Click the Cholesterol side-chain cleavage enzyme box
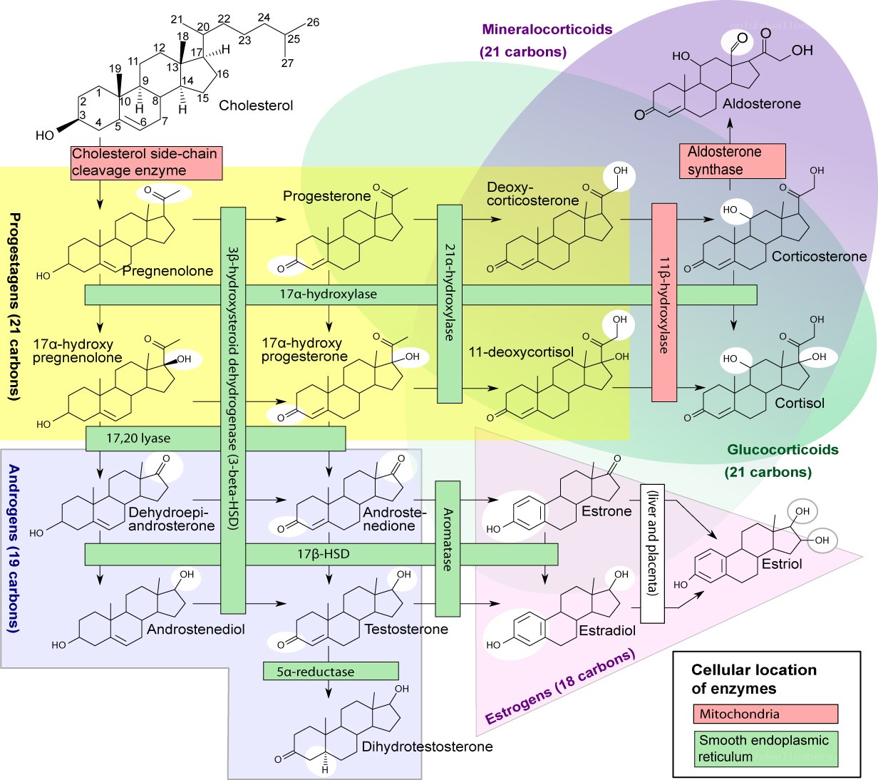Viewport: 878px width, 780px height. click(147, 163)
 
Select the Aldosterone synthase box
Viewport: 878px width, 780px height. click(732, 161)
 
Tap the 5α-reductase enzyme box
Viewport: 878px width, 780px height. click(331, 672)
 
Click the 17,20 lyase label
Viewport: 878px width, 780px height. click(138, 438)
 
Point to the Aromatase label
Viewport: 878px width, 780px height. click(448, 540)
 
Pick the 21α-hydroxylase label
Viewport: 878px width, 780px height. click(450, 292)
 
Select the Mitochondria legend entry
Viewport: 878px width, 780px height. click(765, 714)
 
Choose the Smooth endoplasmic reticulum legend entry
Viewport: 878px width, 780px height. click(765, 749)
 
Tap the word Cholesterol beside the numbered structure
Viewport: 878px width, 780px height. click(256, 106)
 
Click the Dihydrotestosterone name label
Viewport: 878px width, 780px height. click(428, 746)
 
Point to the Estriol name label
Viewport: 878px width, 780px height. click(782, 564)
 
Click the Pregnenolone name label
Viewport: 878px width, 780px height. click(167, 271)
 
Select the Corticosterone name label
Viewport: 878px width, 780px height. click(819, 256)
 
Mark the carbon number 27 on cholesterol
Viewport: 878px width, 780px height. click(287, 63)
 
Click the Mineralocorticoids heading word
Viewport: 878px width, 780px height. click(547, 29)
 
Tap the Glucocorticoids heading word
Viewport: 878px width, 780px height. click(783, 450)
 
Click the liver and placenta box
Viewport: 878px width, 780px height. click(652, 554)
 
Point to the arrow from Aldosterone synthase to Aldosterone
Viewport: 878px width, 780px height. click(730, 130)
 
